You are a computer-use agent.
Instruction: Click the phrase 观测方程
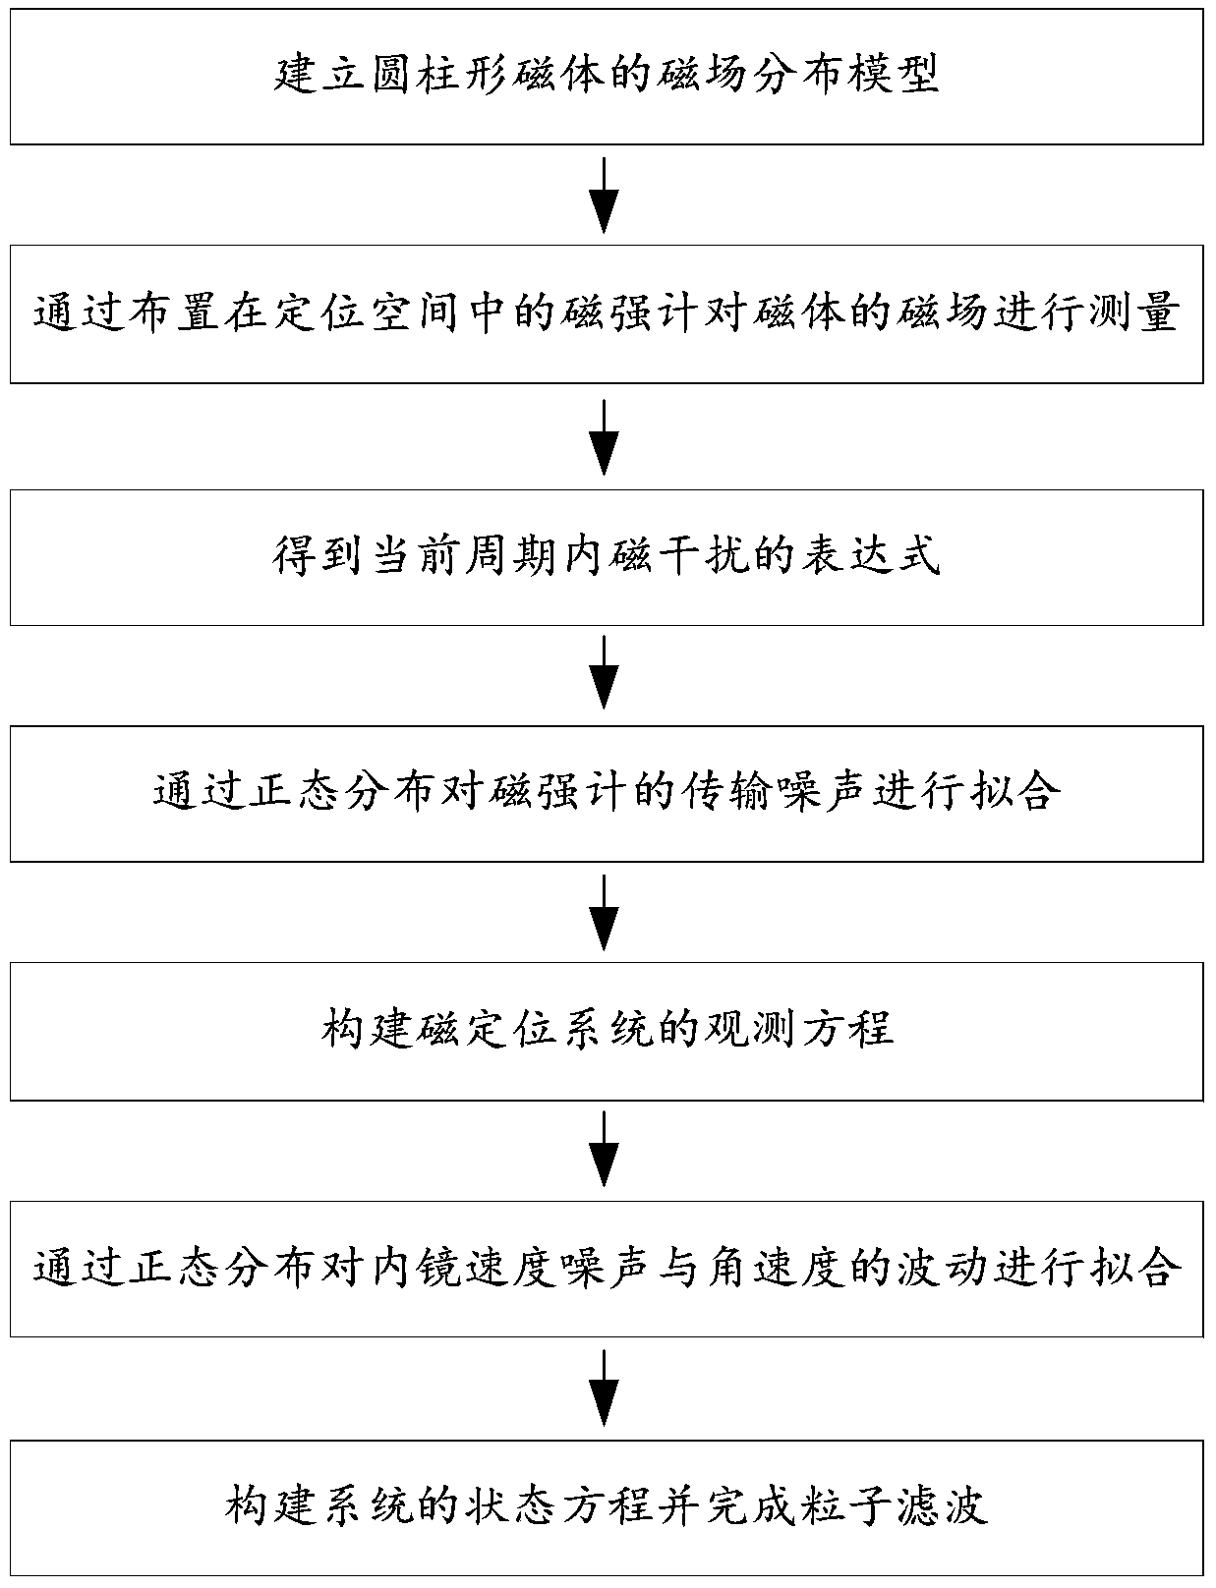pos(798,1030)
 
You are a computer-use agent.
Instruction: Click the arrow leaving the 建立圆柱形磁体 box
pos(605,196)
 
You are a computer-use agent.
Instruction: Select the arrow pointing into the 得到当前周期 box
pos(605,436)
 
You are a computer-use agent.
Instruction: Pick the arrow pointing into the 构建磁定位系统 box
pos(605,912)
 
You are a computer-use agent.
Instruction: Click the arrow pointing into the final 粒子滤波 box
pos(605,1388)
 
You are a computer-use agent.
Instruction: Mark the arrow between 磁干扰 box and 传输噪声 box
pos(605,672)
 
